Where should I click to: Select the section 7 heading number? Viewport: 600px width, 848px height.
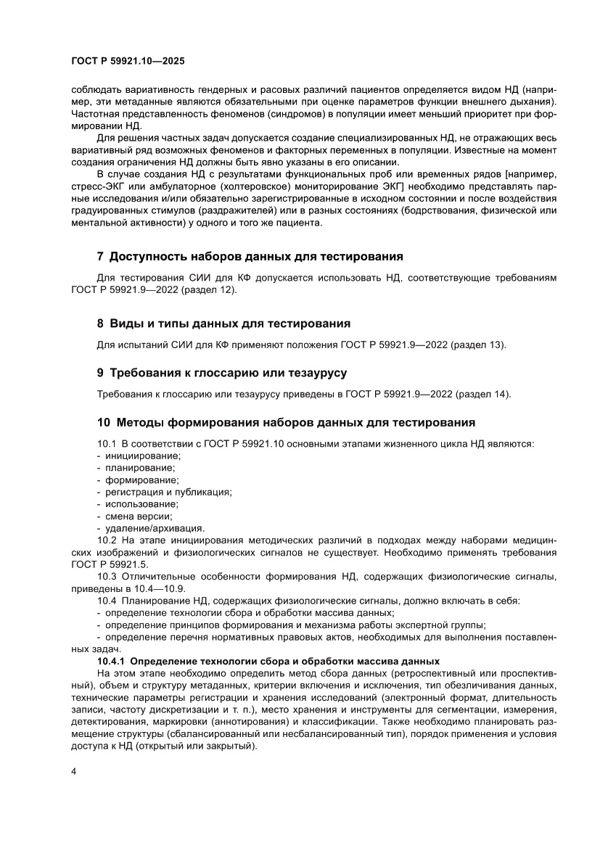click(x=101, y=257)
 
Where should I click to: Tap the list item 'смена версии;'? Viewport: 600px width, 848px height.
click(x=139, y=516)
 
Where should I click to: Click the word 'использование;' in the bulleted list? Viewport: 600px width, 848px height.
click(x=141, y=503)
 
